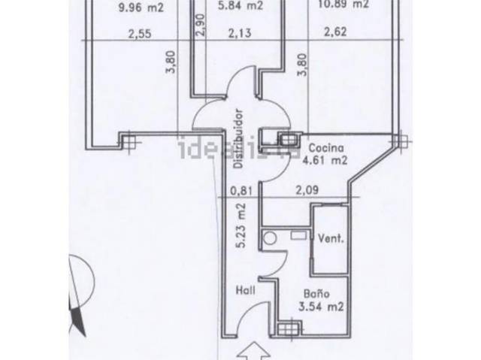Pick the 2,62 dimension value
[x=335, y=32]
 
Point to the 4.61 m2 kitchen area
[x=325, y=160]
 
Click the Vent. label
[x=331, y=240]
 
